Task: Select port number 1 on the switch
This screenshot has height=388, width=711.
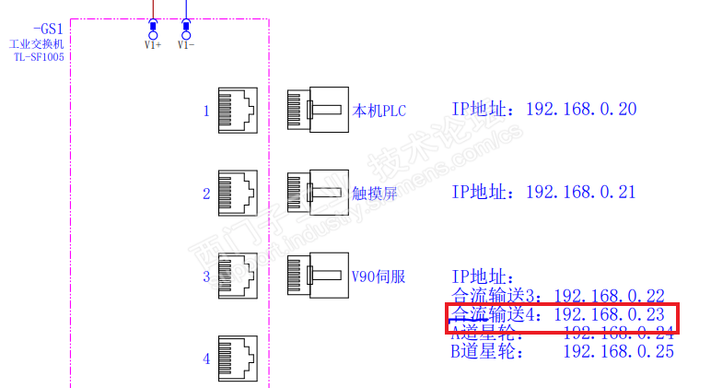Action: (x=206, y=112)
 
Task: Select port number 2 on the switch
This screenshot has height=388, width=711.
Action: (x=206, y=194)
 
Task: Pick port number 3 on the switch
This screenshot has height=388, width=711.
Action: (x=206, y=276)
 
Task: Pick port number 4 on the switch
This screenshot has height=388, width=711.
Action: (x=206, y=359)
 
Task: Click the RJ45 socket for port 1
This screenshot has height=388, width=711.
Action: (x=238, y=111)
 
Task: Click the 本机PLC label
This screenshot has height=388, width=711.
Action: (x=379, y=112)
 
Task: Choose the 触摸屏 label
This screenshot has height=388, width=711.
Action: (x=374, y=194)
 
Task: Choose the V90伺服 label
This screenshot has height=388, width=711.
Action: (x=379, y=276)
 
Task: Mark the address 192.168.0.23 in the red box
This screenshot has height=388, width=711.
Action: (x=609, y=314)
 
